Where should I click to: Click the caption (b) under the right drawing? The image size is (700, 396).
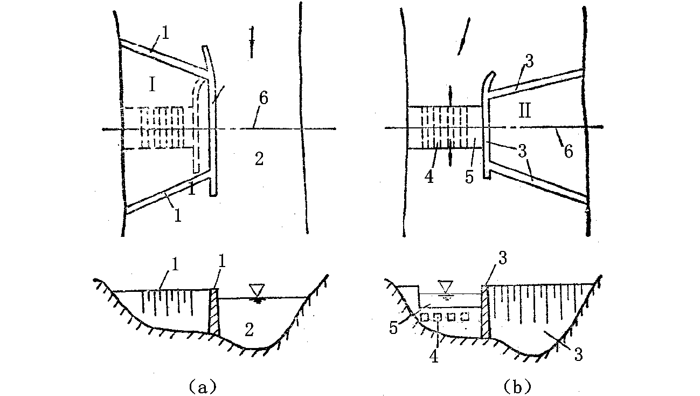point(517,386)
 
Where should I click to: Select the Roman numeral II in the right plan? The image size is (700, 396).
point(525,112)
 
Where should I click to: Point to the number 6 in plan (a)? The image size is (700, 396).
point(263,98)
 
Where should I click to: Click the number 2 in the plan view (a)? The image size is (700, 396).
point(259,159)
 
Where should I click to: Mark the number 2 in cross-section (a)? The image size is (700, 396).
point(249,329)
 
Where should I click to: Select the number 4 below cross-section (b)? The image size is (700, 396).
point(435,356)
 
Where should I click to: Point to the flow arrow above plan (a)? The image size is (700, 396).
point(251,41)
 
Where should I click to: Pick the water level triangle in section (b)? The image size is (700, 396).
point(446,286)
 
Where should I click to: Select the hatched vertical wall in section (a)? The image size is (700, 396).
point(214,311)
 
